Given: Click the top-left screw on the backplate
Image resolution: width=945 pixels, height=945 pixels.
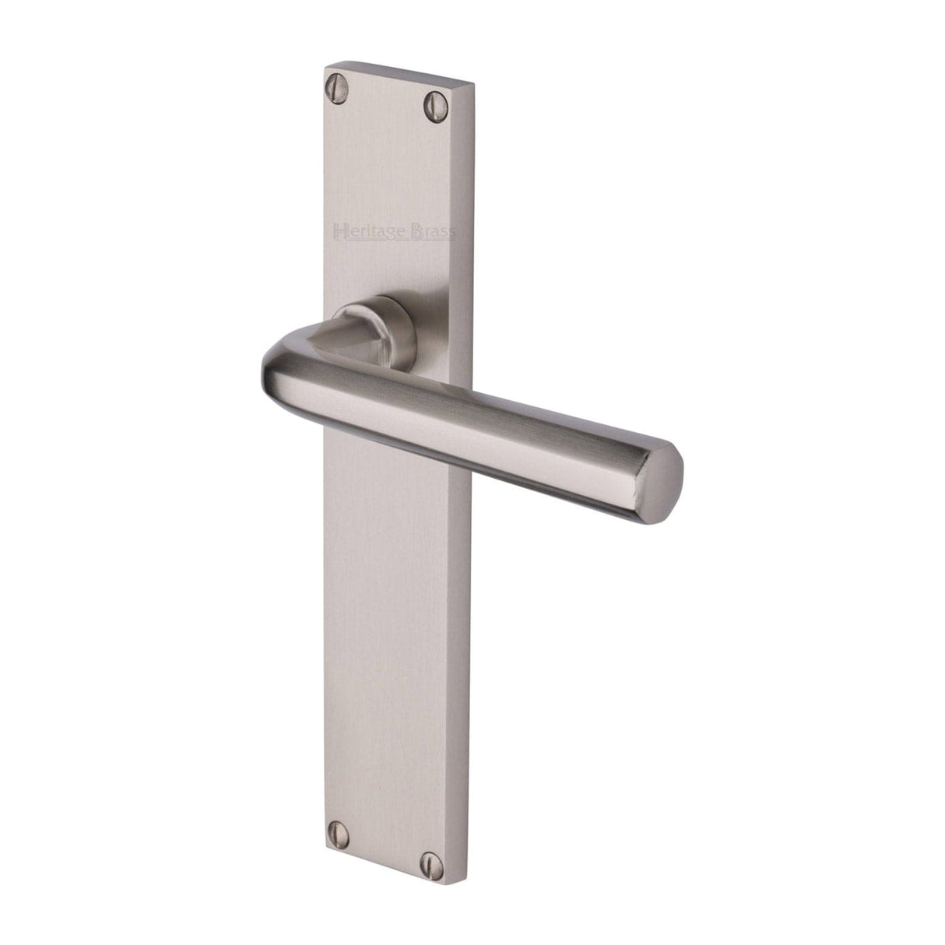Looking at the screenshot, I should [337, 82].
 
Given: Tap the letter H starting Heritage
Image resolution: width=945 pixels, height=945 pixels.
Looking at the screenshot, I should [339, 230].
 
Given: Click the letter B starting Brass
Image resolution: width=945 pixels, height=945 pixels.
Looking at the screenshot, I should [419, 231].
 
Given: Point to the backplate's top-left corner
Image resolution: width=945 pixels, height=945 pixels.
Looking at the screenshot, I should [324, 69].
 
